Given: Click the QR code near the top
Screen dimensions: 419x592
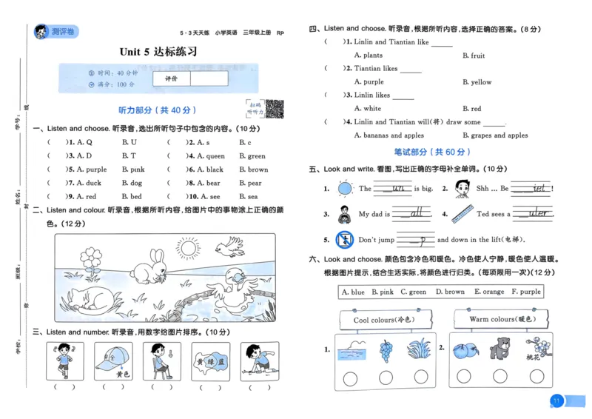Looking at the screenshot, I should pyautogui.click(x=275, y=109).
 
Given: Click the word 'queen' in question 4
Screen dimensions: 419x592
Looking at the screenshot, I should pyautogui.click(x=215, y=156).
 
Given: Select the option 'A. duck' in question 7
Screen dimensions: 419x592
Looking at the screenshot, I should pyautogui.click(x=84, y=183).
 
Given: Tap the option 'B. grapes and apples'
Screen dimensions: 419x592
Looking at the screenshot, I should pyautogui.click(x=495, y=135).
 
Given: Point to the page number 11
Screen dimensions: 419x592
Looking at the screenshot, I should pyautogui.click(x=556, y=401).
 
